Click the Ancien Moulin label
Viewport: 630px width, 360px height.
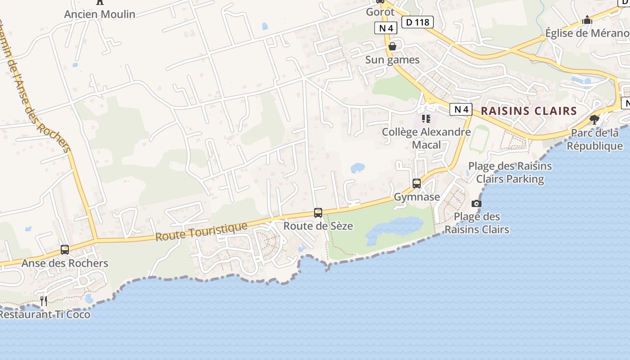(x=99, y=14)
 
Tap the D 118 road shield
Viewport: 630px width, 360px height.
(x=417, y=22)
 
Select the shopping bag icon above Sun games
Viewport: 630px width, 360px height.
(x=392, y=46)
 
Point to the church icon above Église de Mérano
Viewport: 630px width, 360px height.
(x=587, y=20)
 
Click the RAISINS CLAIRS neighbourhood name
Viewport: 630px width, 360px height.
(x=529, y=111)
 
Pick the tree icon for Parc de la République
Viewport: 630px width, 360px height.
(x=594, y=119)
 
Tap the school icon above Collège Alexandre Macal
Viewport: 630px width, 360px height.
(x=426, y=119)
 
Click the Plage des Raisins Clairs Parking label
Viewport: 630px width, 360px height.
(x=510, y=172)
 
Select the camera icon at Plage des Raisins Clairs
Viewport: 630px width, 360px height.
(x=476, y=203)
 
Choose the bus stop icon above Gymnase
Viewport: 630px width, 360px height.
(x=417, y=184)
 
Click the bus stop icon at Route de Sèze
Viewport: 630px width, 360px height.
(x=318, y=213)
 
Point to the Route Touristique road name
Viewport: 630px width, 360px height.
(x=201, y=231)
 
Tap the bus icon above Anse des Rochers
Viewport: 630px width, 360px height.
(x=65, y=250)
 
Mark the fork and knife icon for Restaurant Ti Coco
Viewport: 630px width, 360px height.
(x=44, y=301)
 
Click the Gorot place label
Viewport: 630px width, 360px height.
(x=380, y=12)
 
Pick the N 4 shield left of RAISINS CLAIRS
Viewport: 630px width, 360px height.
(x=461, y=109)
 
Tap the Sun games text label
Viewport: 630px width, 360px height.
(x=392, y=60)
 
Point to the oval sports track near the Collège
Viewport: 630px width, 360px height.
(x=479, y=139)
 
